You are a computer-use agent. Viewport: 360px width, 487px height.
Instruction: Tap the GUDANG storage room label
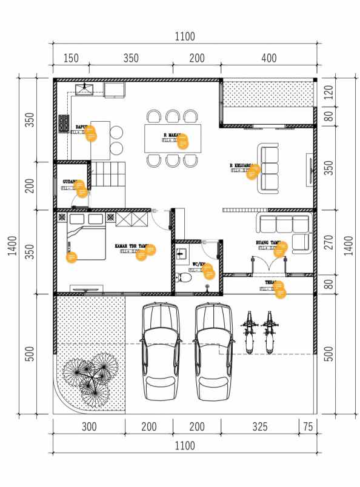point(71,182)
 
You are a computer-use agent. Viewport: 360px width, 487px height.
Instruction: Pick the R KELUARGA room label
point(243,165)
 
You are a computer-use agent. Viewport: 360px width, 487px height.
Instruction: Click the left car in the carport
point(161,351)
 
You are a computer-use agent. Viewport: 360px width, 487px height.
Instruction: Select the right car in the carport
point(215,351)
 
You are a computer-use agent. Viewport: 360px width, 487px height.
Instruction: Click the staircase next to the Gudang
point(108,175)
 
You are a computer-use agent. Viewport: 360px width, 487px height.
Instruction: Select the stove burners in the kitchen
point(64,124)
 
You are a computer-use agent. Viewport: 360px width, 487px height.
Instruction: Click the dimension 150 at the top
point(72,58)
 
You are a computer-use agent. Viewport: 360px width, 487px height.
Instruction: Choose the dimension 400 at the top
point(268,58)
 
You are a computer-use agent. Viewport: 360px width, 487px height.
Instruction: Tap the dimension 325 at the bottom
point(259,426)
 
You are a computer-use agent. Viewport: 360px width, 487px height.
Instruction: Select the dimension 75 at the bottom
point(308,426)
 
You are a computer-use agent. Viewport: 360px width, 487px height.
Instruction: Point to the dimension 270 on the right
point(329,242)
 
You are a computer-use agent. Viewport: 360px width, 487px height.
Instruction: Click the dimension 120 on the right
point(329,91)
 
